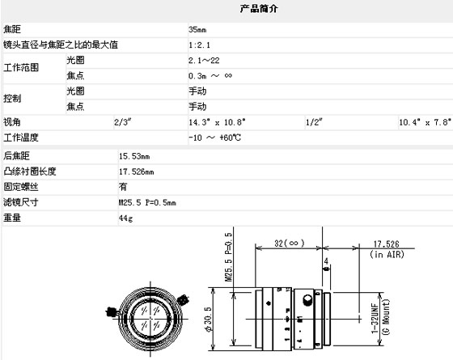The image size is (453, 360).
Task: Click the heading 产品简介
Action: click(259, 9)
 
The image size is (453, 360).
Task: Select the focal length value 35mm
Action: click(197, 29)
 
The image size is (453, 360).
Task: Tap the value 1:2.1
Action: click(199, 45)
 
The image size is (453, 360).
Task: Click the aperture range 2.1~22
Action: click(204, 61)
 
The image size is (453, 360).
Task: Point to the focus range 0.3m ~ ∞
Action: click(210, 76)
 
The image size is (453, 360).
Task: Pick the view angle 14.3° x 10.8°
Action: click(218, 122)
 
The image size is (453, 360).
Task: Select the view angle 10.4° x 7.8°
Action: click(425, 122)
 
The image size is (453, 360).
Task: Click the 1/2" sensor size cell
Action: click(314, 122)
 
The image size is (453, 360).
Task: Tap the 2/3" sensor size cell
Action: click(122, 122)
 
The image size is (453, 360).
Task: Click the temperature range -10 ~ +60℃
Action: click(214, 138)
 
